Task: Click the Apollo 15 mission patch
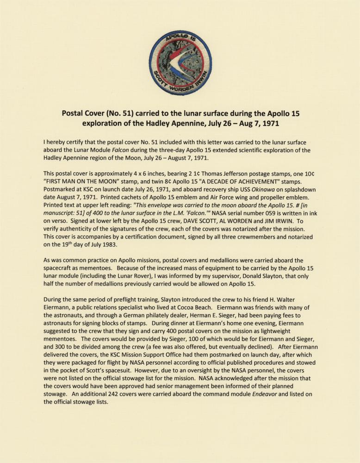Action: pyautogui.click(x=180, y=62)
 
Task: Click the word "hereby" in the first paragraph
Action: pyautogui.click(x=57, y=142)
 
